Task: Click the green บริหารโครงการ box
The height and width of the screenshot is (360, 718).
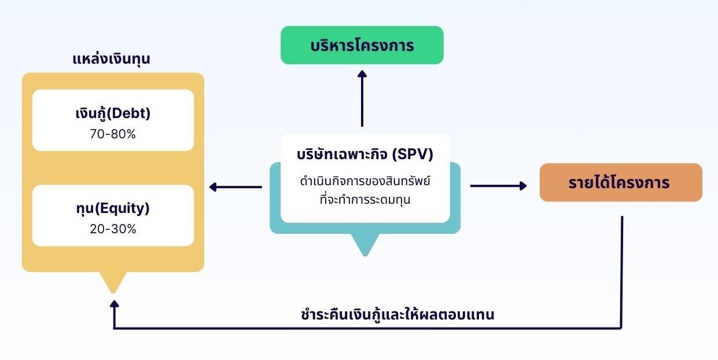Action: click(x=362, y=45)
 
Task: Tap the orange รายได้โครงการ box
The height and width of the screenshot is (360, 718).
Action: click(x=620, y=183)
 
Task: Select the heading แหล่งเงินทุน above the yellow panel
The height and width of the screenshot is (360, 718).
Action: click(x=112, y=59)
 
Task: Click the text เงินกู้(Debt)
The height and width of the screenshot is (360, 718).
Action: click(x=113, y=113)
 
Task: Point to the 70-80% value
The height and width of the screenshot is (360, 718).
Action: click(x=113, y=134)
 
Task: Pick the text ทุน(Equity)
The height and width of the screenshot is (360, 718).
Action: click(x=113, y=208)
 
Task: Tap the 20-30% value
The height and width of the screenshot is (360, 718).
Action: click(x=113, y=229)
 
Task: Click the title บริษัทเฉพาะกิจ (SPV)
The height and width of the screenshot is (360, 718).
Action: click(x=364, y=155)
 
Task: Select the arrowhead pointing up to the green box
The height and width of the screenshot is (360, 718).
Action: click(x=362, y=75)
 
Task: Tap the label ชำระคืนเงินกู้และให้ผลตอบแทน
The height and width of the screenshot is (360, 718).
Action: click(x=398, y=315)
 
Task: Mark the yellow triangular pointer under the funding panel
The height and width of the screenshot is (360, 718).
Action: click(x=113, y=282)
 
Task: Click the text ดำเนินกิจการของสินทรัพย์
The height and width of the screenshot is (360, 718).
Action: click(x=365, y=182)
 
